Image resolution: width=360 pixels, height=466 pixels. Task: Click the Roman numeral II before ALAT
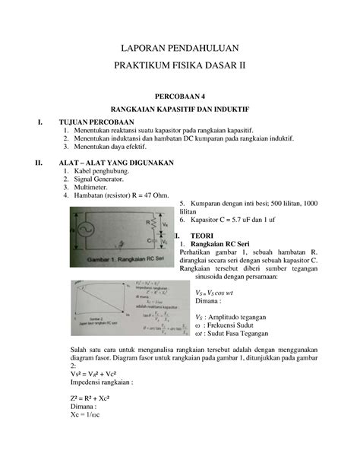(x=31, y=163)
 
